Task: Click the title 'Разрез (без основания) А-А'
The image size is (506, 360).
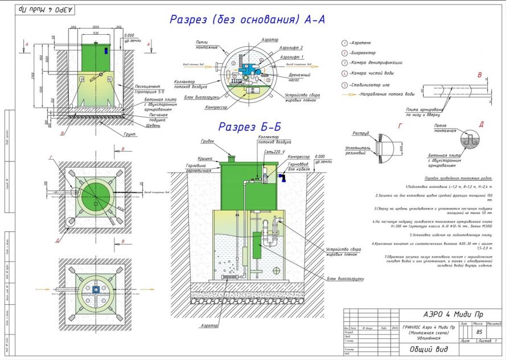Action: point(247,19)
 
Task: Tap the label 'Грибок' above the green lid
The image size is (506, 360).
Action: point(208,141)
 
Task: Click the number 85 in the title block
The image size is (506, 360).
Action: point(463,332)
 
